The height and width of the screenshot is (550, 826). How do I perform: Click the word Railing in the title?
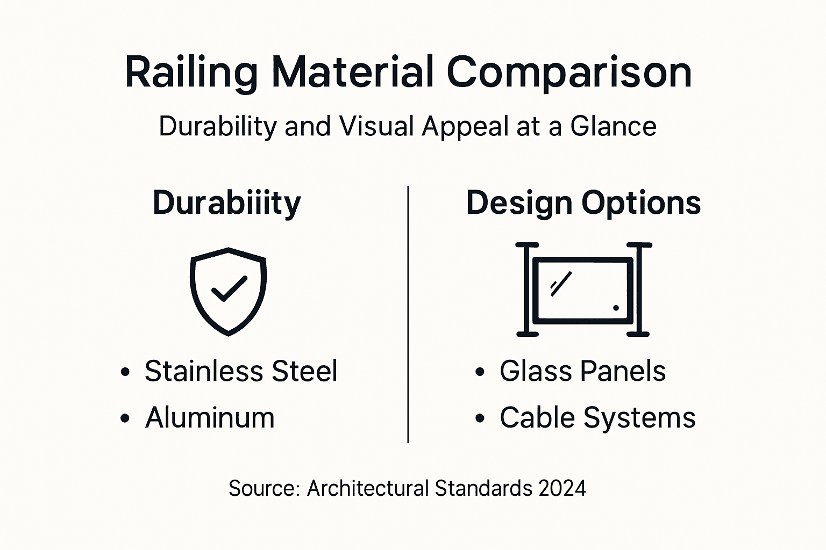(x=191, y=73)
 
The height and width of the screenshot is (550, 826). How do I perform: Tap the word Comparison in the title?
(x=569, y=73)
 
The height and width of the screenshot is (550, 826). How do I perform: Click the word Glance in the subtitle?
(x=613, y=127)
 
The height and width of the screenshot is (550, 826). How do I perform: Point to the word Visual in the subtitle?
(x=376, y=127)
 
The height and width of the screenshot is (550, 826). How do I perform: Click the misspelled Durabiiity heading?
(x=227, y=203)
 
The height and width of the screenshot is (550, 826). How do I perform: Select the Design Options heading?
(x=583, y=203)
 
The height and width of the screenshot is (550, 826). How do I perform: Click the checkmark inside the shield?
(x=229, y=288)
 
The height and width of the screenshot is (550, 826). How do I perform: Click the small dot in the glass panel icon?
(x=616, y=308)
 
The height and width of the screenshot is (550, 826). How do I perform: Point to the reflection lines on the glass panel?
(x=560, y=284)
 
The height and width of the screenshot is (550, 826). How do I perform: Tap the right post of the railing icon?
(x=639, y=290)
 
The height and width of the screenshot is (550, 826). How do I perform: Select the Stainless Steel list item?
(x=241, y=371)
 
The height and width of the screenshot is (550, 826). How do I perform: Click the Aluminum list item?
(x=210, y=418)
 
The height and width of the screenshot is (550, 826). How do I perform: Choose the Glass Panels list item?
(x=582, y=371)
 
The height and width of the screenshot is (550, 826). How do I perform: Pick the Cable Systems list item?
(x=597, y=418)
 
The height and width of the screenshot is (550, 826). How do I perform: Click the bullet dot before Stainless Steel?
(x=125, y=372)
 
